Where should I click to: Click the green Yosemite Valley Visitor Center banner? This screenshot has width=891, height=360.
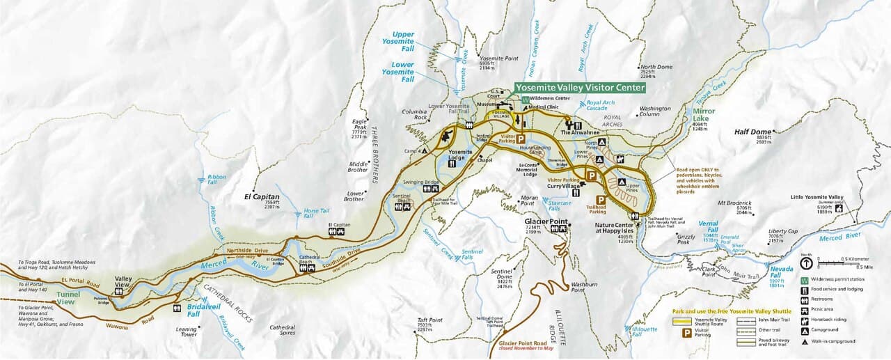580,88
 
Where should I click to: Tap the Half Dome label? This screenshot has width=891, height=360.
752,132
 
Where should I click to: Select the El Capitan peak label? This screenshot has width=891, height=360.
261,197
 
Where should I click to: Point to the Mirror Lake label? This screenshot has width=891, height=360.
704,115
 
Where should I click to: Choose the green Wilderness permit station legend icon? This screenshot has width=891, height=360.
805,279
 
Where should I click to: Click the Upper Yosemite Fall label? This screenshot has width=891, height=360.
403,38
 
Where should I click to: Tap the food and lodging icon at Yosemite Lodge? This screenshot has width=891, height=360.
452,164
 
